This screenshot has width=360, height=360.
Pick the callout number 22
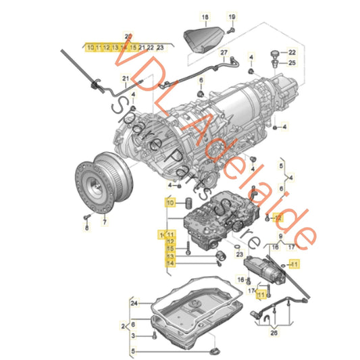click(x=292, y=52)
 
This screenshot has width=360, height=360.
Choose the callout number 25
click(x=292, y=63)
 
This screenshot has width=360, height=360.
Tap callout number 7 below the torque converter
click(x=104, y=221)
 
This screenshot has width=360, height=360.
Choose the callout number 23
click(x=239, y=254)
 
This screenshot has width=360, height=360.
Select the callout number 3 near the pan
click(x=134, y=335)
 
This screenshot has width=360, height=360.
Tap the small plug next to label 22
click(x=276, y=52)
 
